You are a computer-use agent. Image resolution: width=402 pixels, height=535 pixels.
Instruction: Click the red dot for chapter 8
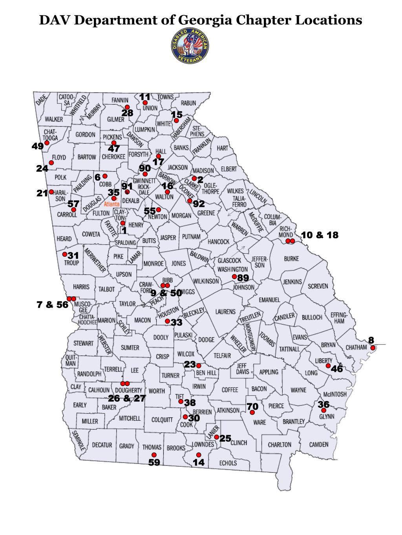(x=373, y=348)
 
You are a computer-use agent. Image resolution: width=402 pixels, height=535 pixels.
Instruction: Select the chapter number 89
(x=243, y=278)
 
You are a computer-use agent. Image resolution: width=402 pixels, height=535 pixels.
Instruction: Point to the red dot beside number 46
(x=328, y=366)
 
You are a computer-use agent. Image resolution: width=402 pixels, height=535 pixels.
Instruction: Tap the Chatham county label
(x=356, y=347)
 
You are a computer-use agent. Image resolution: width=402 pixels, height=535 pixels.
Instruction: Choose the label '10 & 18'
(x=320, y=235)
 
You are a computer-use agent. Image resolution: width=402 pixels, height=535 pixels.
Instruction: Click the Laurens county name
(x=225, y=312)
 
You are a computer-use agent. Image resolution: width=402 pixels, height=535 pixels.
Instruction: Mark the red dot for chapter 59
(x=154, y=455)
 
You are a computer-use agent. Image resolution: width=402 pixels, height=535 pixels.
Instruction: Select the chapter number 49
(x=38, y=146)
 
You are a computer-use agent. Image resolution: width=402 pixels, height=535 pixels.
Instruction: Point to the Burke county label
(x=291, y=259)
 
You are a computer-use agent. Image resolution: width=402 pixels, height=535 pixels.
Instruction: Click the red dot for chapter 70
(x=252, y=412)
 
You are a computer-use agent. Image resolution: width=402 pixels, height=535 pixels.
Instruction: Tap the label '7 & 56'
(x=52, y=305)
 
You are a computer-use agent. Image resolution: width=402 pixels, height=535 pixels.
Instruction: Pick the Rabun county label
(x=188, y=103)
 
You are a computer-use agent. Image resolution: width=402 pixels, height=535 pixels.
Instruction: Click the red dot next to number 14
(x=199, y=455)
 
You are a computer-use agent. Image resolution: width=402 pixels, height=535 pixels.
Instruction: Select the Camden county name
(x=319, y=444)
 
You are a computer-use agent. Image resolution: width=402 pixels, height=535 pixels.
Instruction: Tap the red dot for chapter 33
(x=167, y=321)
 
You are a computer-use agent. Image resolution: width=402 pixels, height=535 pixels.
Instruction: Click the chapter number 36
(x=323, y=404)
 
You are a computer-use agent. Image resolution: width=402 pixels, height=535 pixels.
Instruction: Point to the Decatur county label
(x=102, y=445)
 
